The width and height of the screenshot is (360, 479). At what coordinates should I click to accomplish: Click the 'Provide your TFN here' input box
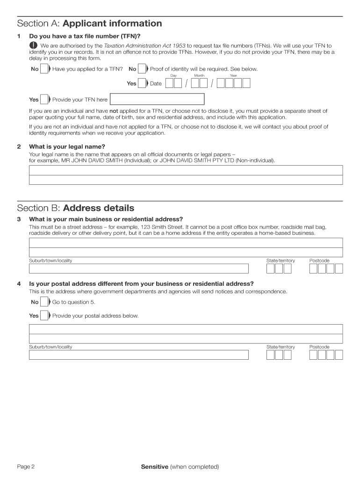tap(157, 99)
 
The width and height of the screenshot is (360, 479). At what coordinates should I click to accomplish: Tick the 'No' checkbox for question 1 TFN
tap(44, 69)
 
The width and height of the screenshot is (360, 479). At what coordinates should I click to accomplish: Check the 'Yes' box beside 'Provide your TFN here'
tap(44, 99)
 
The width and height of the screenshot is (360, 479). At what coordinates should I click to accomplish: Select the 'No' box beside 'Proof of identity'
tap(142, 69)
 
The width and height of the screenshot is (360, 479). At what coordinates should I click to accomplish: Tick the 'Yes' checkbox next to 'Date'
tap(142, 83)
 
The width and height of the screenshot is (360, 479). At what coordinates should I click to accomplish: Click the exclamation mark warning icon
tap(34, 45)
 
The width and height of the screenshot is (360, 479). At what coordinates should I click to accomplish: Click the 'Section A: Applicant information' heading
tap(89, 23)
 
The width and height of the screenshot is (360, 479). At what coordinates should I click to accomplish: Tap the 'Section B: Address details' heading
tap(75, 208)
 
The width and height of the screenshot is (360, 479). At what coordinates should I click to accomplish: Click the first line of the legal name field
tap(186, 170)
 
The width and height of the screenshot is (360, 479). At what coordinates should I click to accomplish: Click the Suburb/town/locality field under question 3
tap(139, 269)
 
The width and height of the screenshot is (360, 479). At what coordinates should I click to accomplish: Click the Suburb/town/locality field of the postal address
tap(139, 355)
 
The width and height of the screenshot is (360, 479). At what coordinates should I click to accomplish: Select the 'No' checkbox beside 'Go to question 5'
tap(44, 302)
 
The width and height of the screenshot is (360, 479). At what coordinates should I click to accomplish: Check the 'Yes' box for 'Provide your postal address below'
tap(44, 316)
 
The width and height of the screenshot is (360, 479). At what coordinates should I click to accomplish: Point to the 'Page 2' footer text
tap(26, 466)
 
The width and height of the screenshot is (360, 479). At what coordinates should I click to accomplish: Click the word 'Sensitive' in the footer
tap(154, 466)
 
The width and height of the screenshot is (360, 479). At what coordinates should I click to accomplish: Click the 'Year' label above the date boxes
tap(233, 76)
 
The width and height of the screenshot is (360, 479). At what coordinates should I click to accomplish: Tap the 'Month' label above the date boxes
tap(199, 76)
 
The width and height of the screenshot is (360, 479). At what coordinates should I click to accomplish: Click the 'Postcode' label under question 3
tap(319, 261)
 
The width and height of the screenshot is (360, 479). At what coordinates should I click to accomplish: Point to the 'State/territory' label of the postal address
tap(281, 347)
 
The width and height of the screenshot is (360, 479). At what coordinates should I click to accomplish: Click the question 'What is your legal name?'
tap(67, 146)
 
